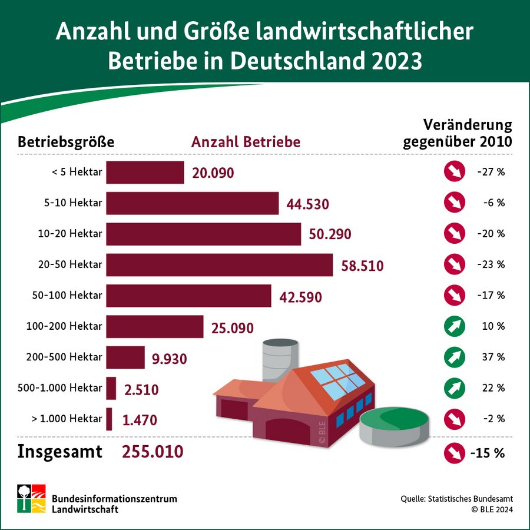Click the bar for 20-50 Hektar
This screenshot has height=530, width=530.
[x=219, y=265]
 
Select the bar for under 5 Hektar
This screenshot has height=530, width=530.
[x=145, y=173]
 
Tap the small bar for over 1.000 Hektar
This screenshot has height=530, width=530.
[x=109, y=419]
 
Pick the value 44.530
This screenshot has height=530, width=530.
[x=307, y=204]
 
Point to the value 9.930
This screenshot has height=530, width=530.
[x=169, y=358]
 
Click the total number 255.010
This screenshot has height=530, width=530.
[x=153, y=452]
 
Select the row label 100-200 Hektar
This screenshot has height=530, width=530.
[x=64, y=326]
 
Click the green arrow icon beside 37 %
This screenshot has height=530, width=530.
[x=455, y=357]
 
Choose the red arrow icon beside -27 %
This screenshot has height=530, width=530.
[x=455, y=173]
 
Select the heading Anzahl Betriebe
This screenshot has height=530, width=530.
[x=246, y=142]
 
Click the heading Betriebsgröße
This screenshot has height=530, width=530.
[x=66, y=142]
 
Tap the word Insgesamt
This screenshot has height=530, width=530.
[x=60, y=452]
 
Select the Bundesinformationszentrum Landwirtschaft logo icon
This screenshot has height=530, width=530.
[x=31, y=498]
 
